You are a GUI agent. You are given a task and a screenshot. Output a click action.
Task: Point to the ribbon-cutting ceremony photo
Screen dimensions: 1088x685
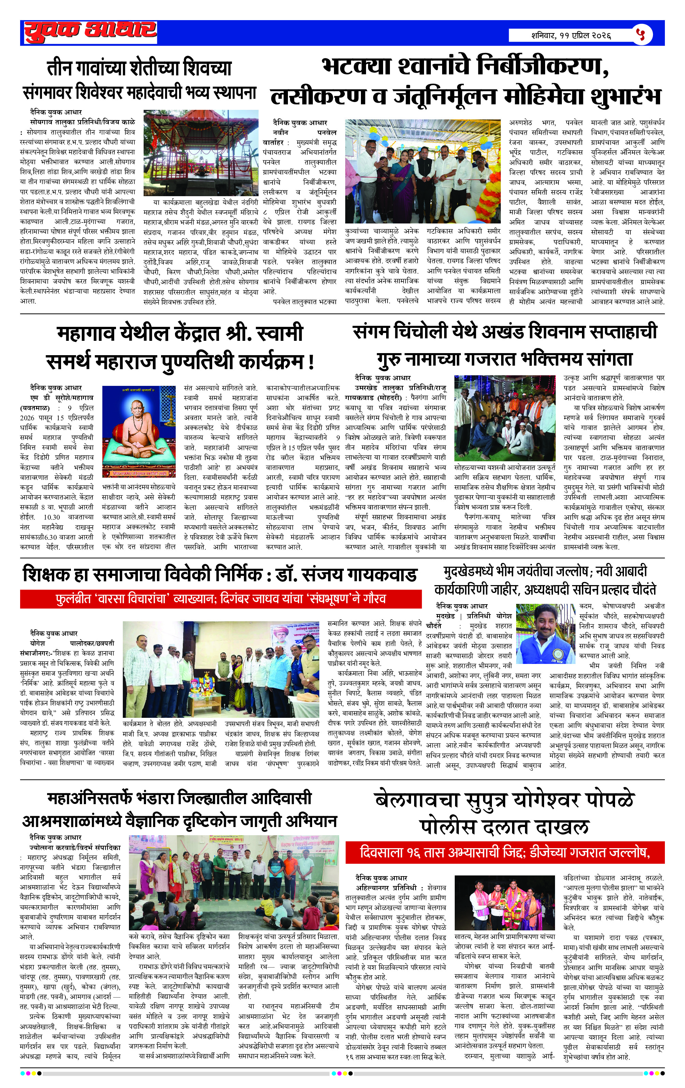pos(422,171)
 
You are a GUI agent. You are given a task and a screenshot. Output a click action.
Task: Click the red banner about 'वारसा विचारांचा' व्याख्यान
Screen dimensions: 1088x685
pos(220,599)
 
